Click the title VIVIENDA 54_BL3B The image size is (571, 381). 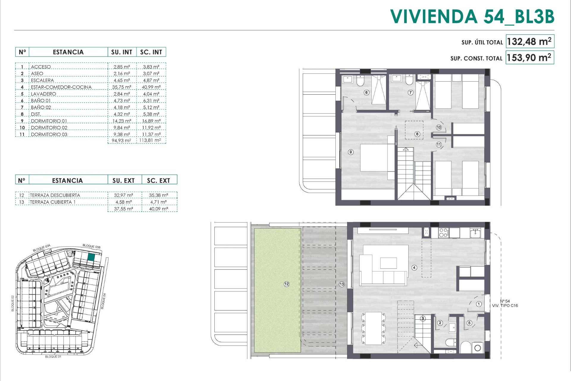click(x=472, y=16)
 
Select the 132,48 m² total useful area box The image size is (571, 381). click(x=529, y=41)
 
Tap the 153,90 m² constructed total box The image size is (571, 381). click(x=529, y=57)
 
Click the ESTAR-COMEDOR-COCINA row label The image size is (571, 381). click(x=61, y=87)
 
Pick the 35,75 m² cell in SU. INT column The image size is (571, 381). click(x=122, y=87)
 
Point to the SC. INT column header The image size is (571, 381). click(x=151, y=52)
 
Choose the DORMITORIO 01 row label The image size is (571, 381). click(x=49, y=121)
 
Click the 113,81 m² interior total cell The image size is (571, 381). click(x=150, y=140)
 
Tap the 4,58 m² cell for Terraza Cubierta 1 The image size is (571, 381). click(x=123, y=202)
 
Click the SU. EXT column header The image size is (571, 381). click(x=123, y=180)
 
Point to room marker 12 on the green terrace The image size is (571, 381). click(x=286, y=284)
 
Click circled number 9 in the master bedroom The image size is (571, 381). click(x=351, y=152)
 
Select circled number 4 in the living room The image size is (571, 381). click(x=414, y=268)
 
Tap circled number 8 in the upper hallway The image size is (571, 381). click(x=417, y=134)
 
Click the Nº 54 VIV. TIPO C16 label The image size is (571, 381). click(x=505, y=303)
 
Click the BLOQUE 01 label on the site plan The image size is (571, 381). click(x=53, y=357)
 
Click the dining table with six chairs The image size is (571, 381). click(x=373, y=328)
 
